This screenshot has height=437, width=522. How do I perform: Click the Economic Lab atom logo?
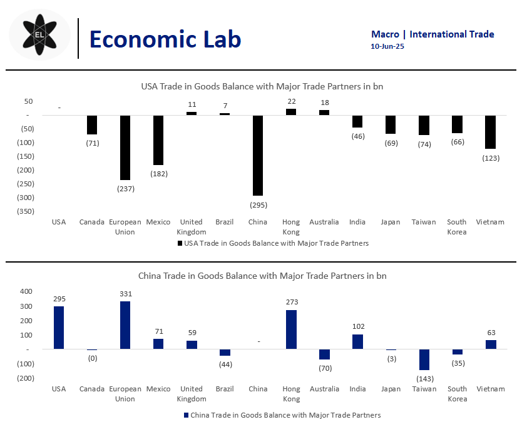[39, 35]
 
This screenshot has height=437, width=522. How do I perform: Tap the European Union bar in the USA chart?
[125, 148]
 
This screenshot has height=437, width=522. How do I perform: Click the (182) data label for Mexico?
[158, 173]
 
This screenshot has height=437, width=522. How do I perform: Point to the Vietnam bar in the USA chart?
[490, 132]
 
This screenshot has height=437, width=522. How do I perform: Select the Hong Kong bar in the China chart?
[291, 329]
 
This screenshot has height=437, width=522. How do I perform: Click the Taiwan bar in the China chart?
[424, 359]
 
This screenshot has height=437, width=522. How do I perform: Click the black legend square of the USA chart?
[180, 243]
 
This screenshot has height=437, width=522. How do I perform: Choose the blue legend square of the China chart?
[186, 415]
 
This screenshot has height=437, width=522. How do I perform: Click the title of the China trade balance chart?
[262, 275]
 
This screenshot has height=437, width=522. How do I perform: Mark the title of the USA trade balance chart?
[262, 86]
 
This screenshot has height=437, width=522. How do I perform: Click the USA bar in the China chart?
[59, 328]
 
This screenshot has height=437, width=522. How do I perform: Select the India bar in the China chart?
[357, 341]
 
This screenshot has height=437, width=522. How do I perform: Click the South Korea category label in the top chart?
[456, 227]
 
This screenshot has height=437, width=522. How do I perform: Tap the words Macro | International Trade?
[432, 34]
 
